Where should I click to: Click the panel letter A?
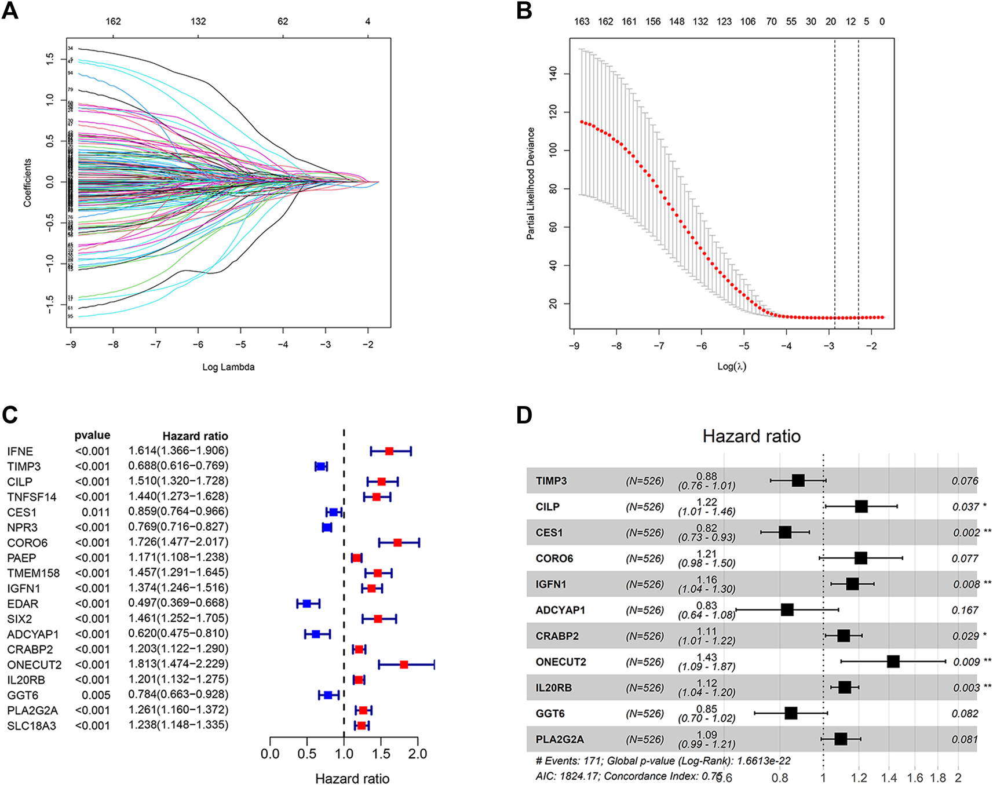pyautogui.click(x=10, y=11)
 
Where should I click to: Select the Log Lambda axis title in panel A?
pyautogui.click(x=228, y=367)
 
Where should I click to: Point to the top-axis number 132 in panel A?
pyautogui.click(x=198, y=21)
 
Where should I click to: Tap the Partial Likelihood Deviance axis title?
pyautogui.click(x=531, y=184)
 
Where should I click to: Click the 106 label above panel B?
pyautogui.click(x=747, y=21)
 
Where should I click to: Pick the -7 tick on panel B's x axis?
pyautogui.click(x=658, y=346)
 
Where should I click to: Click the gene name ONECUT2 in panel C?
pyautogui.click(x=34, y=664)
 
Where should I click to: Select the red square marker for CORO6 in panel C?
pyautogui.click(x=397, y=543)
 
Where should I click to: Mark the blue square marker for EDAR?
pyautogui.click(x=307, y=604)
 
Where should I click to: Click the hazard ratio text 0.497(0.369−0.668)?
pyautogui.click(x=178, y=603)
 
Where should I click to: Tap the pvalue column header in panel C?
pyautogui.click(x=92, y=436)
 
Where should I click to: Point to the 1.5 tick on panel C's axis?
pyautogui.click(x=381, y=754)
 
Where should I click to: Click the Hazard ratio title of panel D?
pyautogui.click(x=751, y=436)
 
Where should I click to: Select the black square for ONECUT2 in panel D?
pyautogui.click(x=893, y=662)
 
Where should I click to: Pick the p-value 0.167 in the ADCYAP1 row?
pyautogui.click(x=965, y=610)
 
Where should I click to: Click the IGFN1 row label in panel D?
pyautogui.click(x=550, y=584)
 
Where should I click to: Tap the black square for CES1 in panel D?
pyautogui.click(x=785, y=532)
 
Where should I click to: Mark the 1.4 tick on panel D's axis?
pyautogui.click(x=889, y=777)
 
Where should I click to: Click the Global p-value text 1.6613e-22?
pyautogui.click(x=761, y=761)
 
